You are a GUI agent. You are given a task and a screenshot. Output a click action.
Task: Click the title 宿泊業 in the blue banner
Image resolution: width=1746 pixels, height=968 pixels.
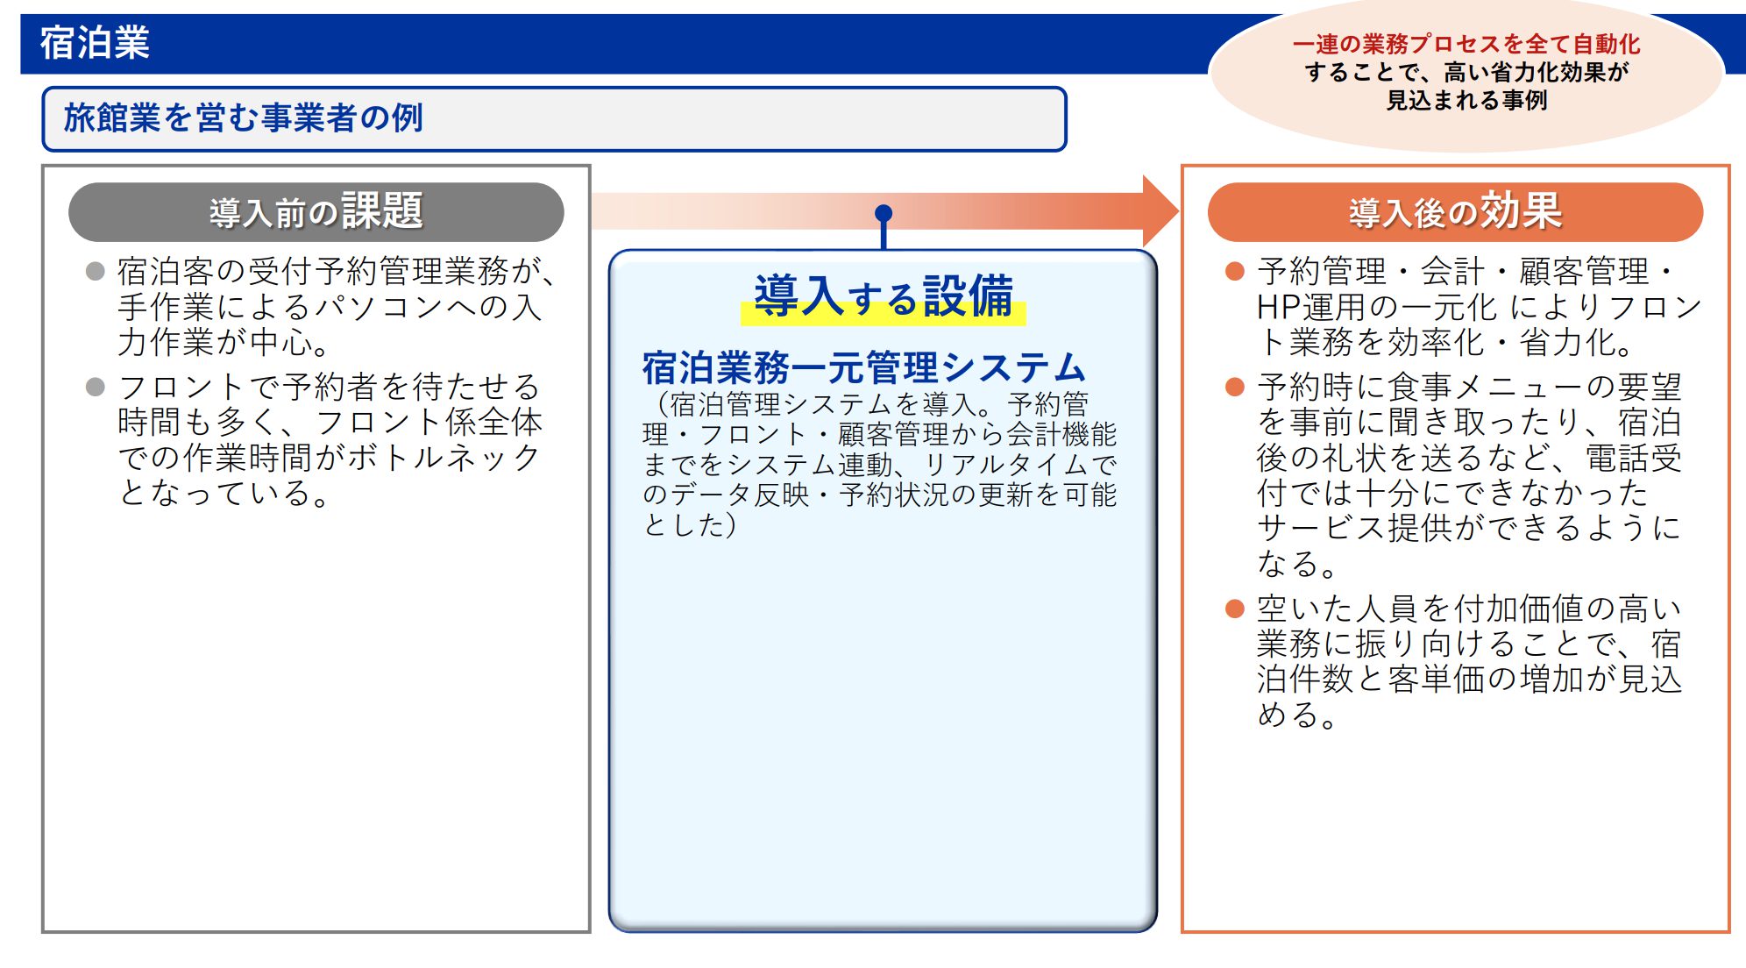(x=95, y=43)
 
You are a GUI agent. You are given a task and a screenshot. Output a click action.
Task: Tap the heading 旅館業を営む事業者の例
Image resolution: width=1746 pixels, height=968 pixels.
(x=244, y=117)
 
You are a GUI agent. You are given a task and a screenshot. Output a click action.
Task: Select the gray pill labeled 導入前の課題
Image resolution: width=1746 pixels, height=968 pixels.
(x=316, y=212)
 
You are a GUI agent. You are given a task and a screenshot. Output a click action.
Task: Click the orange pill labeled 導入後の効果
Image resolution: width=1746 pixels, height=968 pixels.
(x=1455, y=212)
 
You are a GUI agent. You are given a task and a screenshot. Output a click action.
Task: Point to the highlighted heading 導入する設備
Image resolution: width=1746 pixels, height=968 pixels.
(x=884, y=296)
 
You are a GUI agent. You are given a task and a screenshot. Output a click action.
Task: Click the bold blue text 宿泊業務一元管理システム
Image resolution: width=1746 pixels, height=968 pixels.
(x=864, y=367)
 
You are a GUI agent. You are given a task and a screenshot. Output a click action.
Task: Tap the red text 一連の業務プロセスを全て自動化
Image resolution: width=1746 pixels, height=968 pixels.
(x=1466, y=44)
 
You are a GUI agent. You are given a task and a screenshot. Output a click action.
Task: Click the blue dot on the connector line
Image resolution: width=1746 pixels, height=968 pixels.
(x=884, y=213)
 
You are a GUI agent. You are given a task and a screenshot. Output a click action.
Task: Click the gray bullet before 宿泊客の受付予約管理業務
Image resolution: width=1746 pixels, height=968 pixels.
(x=96, y=271)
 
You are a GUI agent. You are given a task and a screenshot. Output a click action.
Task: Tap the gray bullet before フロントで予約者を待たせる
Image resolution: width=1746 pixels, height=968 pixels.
(x=96, y=387)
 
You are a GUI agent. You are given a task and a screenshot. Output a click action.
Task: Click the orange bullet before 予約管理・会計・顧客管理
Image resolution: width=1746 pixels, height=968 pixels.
(x=1235, y=271)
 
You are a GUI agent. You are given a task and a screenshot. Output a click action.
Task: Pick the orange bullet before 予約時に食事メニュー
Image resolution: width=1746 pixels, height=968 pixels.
(x=1235, y=387)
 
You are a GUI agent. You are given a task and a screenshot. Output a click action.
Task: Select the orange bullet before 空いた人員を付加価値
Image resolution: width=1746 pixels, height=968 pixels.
(x=1235, y=609)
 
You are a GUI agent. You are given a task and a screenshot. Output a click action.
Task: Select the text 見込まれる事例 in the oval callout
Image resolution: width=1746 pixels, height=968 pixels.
(x=1466, y=101)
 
